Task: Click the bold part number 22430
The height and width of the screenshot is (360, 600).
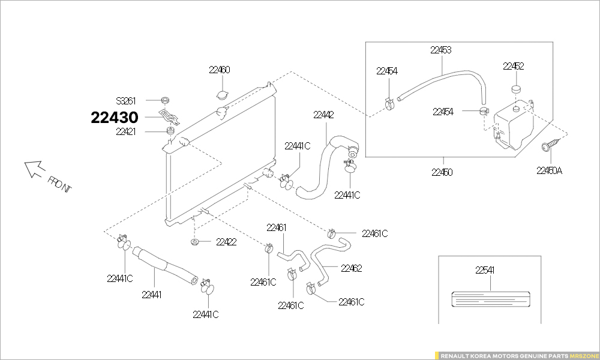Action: (x=115, y=118)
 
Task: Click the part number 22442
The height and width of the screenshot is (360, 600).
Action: (x=323, y=115)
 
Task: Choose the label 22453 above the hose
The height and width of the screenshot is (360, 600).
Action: (x=441, y=50)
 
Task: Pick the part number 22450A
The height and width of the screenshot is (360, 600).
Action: (x=549, y=170)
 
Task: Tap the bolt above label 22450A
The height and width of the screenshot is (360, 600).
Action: (x=549, y=145)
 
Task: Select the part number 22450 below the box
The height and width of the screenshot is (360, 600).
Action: (x=442, y=172)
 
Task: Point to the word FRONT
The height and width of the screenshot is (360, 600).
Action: (x=60, y=184)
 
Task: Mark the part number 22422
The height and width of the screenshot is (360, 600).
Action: (x=226, y=242)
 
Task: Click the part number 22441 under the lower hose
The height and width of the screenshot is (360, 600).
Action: (x=152, y=295)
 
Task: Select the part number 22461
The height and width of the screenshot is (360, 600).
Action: (x=277, y=227)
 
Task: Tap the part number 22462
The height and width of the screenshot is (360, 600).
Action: (x=351, y=268)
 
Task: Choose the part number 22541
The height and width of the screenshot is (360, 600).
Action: (x=485, y=271)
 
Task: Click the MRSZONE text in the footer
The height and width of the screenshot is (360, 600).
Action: (x=584, y=355)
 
